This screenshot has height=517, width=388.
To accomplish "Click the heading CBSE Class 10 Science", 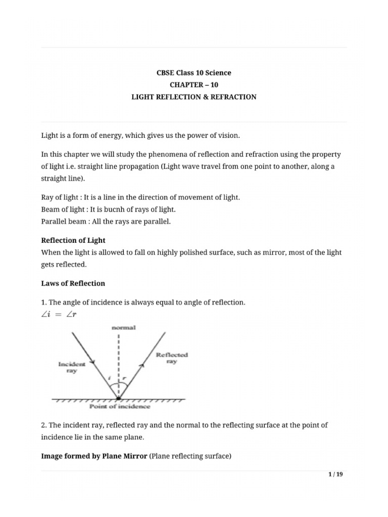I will click(193, 73).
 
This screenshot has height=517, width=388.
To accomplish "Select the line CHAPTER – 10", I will click(193, 85).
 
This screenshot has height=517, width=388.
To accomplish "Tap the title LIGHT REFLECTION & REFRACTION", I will click(193, 97).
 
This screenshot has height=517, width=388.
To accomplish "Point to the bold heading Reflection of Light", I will click(73, 240).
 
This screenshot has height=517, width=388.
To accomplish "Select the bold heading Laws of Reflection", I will click(73, 283).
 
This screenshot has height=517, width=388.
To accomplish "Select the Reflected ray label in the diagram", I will click(172, 358).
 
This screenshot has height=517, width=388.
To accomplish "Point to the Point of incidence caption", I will click(120, 406).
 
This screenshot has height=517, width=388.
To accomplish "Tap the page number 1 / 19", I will click(335, 474).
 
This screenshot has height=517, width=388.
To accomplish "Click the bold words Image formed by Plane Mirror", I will click(94, 456).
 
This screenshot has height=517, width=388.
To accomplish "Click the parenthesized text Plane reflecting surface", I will click(190, 456).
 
